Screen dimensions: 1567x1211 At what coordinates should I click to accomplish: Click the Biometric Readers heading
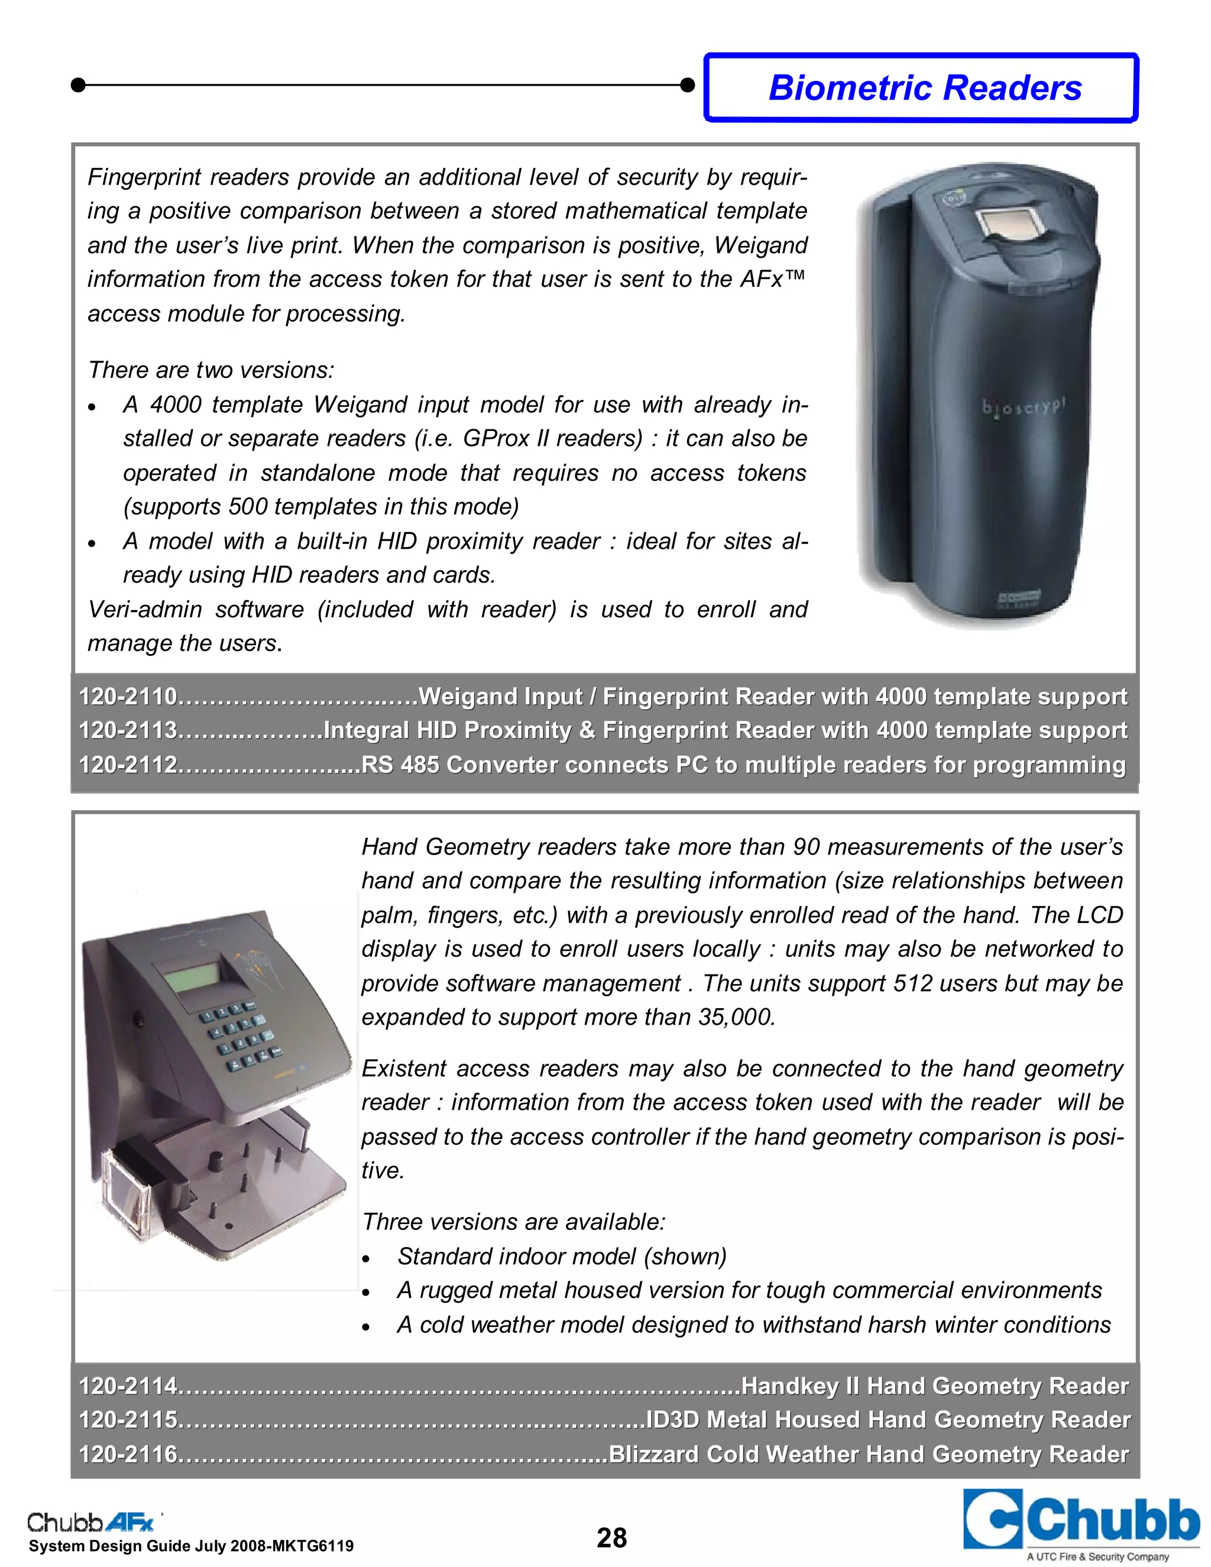tap(924, 88)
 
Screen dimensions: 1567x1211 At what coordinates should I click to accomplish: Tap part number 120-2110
tap(128, 697)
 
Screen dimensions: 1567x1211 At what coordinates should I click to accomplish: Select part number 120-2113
tap(128, 730)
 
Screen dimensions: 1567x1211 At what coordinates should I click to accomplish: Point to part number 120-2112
tap(128, 765)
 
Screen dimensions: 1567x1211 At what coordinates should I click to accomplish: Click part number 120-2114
tap(128, 1386)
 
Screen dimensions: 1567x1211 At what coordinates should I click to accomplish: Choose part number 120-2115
tap(128, 1420)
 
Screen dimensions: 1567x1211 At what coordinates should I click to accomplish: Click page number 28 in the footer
tap(611, 1538)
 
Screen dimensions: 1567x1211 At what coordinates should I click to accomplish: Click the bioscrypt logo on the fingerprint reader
tap(1024, 408)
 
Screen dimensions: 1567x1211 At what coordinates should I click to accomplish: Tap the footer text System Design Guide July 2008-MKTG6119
tap(191, 1546)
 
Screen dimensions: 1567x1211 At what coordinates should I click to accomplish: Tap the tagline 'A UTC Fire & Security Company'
tap(1097, 1556)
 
